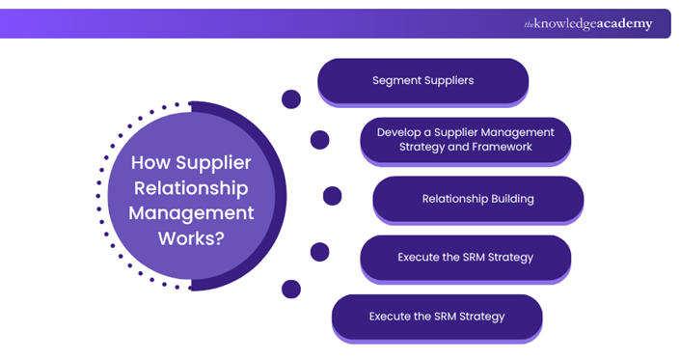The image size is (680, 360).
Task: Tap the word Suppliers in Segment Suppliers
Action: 449,80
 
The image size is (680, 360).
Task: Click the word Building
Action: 510,199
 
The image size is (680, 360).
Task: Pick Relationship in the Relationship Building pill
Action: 453,199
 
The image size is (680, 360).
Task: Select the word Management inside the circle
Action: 191,212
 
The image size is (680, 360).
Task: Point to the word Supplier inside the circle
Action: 213,163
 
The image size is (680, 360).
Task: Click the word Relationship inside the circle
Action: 191,187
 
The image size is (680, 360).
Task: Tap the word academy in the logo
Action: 627,24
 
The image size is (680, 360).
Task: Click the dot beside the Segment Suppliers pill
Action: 290,98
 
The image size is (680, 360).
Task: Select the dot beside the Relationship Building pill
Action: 332,196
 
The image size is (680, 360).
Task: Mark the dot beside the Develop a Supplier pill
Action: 319,140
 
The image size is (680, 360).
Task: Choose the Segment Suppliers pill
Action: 422,81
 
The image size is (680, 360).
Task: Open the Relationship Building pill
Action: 477,199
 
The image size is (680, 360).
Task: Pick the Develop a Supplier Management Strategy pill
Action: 465,140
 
